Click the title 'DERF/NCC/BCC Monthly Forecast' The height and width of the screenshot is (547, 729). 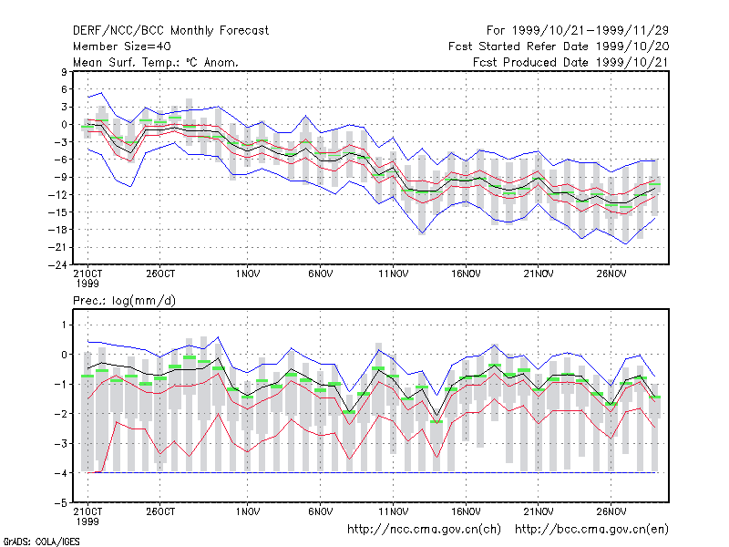pyautogui.click(x=170, y=31)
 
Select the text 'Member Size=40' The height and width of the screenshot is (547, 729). pyautogui.click(x=122, y=46)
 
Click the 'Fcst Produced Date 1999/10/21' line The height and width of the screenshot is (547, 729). pyautogui.click(x=571, y=62)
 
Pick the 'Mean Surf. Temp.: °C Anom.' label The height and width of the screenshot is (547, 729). pyautogui.click(x=156, y=62)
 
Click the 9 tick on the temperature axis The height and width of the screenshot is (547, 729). pyautogui.click(x=64, y=72)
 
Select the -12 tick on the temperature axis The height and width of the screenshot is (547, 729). pyautogui.click(x=57, y=194)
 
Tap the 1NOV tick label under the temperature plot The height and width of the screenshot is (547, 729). pyautogui.click(x=247, y=273)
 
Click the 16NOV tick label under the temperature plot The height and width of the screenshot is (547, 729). pyautogui.click(x=466, y=273)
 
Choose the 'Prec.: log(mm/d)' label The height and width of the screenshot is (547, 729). pyautogui.click(x=124, y=301)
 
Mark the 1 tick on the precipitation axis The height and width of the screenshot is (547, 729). pyautogui.click(x=64, y=325)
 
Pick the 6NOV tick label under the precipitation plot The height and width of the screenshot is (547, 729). pyautogui.click(x=321, y=511)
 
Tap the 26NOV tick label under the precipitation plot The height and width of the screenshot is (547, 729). pyautogui.click(x=611, y=511)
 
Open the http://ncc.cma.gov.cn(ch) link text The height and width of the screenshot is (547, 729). pyautogui.click(x=424, y=530)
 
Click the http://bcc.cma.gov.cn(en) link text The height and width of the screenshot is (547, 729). pyautogui.click(x=591, y=530)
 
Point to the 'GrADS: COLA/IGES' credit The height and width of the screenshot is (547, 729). pyautogui.click(x=41, y=542)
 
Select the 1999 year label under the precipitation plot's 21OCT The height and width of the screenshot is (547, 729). pyautogui.click(x=87, y=521)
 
